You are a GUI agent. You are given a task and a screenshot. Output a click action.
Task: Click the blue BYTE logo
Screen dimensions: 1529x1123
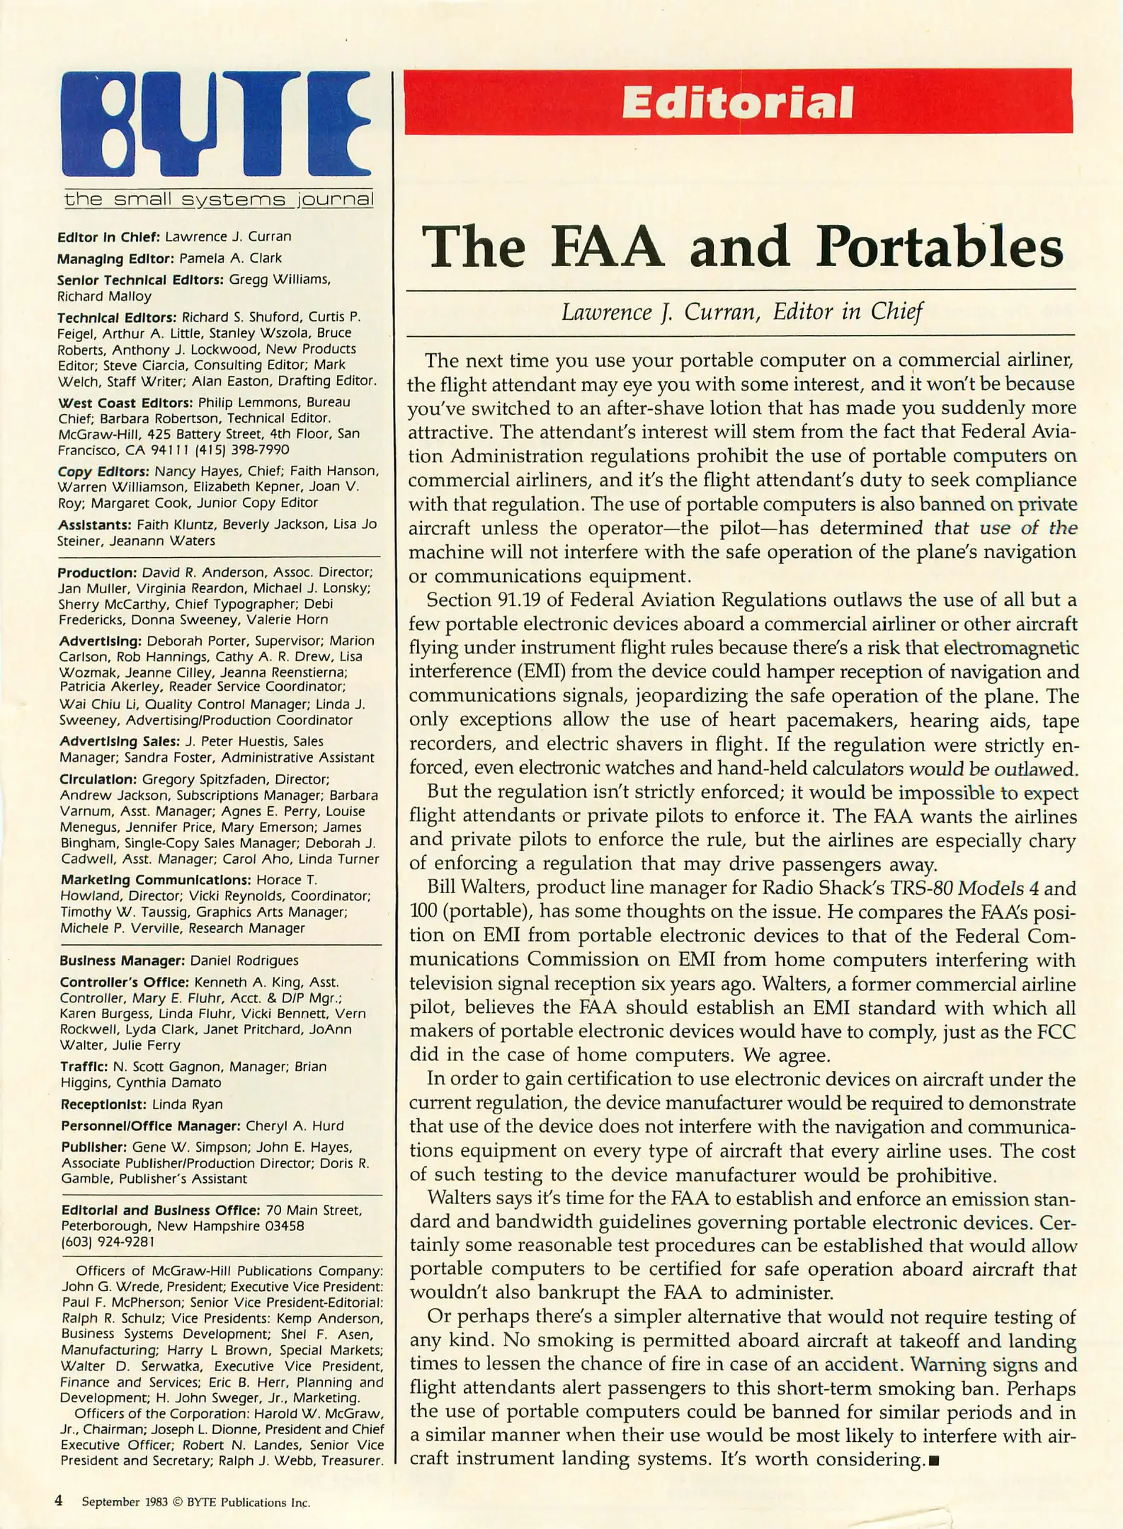pyautogui.click(x=216, y=124)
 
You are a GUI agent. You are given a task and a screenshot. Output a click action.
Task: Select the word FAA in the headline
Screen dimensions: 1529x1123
pyautogui.click(x=608, y=247)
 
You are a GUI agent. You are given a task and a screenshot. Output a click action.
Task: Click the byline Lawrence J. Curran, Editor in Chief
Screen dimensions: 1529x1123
pyautogui.click(x=741, y=311)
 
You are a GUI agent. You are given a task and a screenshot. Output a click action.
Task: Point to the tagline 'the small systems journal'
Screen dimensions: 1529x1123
pyautogui.click(x=218, y=199)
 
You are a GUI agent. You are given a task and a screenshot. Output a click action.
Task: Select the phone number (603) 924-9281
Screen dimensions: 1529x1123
pyautogui.click(x=108, y=1242)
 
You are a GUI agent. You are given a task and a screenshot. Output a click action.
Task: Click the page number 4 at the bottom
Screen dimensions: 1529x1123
pyautogui.click(x=59, y=1501)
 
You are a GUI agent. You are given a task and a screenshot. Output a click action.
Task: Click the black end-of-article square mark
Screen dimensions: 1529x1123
pyautogui.click(x=933, y=1460)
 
